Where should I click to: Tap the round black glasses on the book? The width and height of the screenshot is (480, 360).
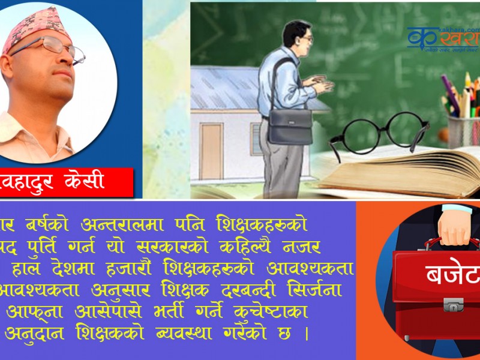coord(379,132)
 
